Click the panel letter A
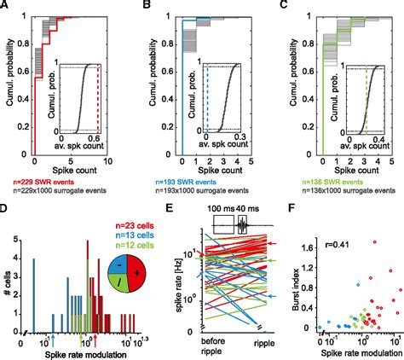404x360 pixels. tap(8, 6)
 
